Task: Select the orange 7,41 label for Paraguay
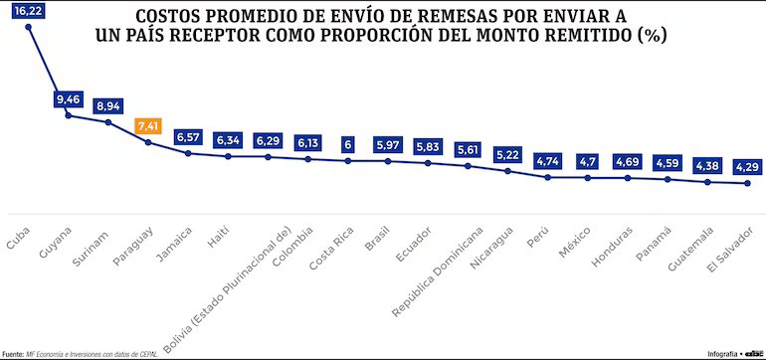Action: click(x=148, y=127)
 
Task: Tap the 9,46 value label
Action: click(x=69, y=99)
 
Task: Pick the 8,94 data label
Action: click(x=108, y=105)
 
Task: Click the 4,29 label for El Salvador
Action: click(x=747, y=167)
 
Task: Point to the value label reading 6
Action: click(x=348, y=144)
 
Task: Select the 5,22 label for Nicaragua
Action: click(x=507, y=155)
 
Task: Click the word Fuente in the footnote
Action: click(x=13, y=353)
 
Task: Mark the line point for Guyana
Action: click(x=69, y=115)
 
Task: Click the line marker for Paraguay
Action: click(x=148, y=143)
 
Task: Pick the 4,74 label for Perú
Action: click(x=547, y=160)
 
